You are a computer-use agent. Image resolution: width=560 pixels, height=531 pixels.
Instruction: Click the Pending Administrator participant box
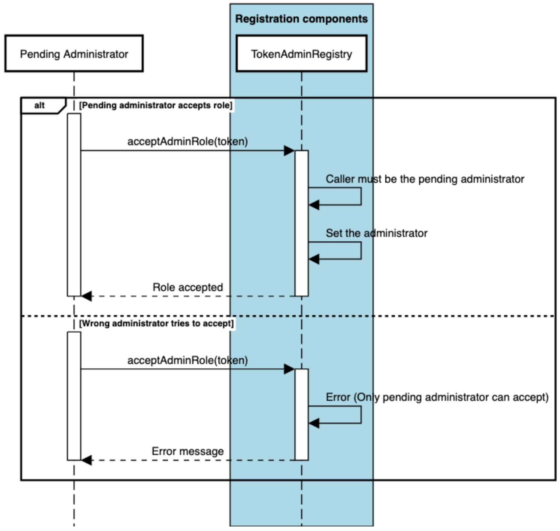coord(74,54)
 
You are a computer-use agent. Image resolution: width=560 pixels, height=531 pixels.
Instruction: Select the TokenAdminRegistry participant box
coord(301,54)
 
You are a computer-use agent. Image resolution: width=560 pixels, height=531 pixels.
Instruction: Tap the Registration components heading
coord(301,19)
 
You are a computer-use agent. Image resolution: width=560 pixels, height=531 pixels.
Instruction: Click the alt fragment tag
coord(40,105)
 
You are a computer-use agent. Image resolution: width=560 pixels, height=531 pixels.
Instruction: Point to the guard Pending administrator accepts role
coord(156,105)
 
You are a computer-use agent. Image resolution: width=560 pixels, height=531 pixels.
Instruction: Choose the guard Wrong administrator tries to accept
coord(156,323)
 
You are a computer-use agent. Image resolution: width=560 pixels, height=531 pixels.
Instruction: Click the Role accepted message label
coord(188,287)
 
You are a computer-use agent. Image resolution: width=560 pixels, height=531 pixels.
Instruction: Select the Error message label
coord(188,451)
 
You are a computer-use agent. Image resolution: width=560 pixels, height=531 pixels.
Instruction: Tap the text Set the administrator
coord(376,233)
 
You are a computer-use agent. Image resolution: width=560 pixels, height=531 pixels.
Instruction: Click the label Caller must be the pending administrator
coord(425,179)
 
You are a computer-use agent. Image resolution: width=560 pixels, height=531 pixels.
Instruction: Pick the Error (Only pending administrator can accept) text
coord(437,397)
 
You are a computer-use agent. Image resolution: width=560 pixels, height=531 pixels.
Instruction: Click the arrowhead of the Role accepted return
coord(87,296)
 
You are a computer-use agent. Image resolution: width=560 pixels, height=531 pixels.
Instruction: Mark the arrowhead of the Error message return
coord(87,460)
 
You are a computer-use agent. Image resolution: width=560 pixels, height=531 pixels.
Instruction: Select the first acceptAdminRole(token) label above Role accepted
coord(188,142)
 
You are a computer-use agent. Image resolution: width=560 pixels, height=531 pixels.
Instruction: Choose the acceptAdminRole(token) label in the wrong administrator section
coord(188,360)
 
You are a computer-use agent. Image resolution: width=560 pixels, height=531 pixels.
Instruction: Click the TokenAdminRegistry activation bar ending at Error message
coord(301,414)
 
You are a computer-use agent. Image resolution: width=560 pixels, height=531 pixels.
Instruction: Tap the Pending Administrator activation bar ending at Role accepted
coord(74,205)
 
